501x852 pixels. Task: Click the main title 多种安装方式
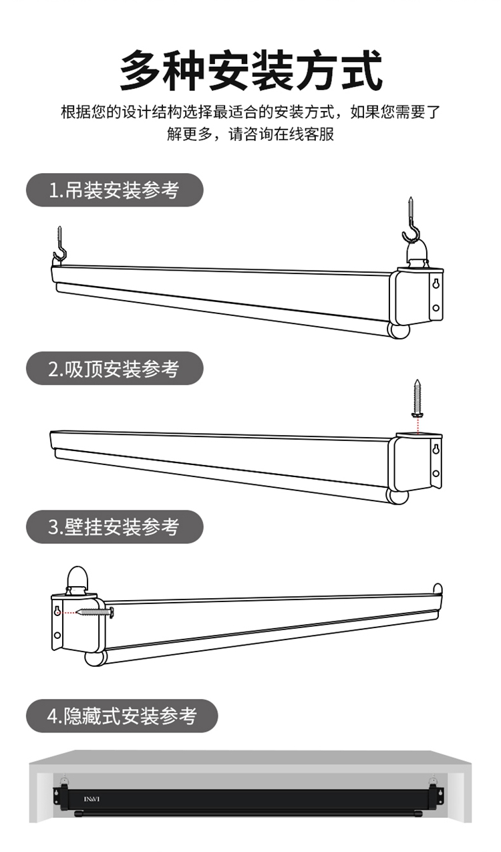click(251, 71)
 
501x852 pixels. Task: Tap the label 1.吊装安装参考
click(114, 190)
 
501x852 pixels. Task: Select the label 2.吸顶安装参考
click(114, 369)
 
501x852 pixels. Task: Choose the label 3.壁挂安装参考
click(114, 527)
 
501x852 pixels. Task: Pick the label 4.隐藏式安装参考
click(122, 716)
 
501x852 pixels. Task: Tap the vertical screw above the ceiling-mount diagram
click(417, 398)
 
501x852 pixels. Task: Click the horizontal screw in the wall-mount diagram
click(95, 612)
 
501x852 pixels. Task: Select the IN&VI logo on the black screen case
click(92, 799)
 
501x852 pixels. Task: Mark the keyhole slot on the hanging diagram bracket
click(436, 284)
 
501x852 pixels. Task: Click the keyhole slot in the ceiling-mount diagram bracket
click(436, 450)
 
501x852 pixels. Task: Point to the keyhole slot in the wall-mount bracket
click(57, 611)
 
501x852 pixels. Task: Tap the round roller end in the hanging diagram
click(399, 331)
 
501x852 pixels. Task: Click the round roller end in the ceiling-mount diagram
click(397, 496)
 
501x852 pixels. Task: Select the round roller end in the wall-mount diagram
click(95, 658)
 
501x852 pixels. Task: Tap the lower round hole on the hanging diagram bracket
click(436, 308)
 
